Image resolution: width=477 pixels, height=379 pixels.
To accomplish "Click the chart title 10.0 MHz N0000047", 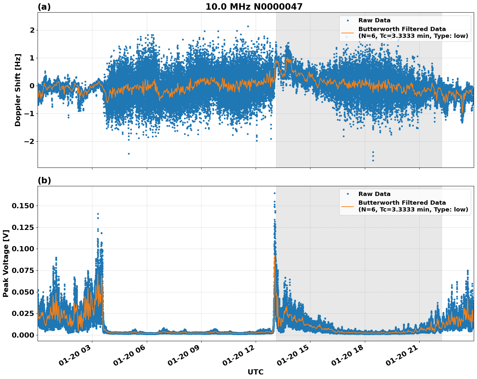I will pos(254,7).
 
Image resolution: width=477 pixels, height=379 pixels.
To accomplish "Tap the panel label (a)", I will pos(44,7).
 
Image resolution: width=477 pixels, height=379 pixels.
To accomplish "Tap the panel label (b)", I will pos(44,180).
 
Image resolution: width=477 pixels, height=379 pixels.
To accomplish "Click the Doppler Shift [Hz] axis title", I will pos(18,90).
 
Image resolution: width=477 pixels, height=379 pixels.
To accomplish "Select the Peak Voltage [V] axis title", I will pos(6,264).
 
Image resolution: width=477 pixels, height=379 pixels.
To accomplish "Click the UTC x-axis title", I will pos(255,372).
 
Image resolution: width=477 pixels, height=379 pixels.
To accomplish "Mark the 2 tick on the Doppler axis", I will pos(32,30).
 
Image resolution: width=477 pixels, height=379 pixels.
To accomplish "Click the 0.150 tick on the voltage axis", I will pos(23,206).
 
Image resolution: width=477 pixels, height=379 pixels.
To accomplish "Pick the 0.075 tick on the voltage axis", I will pos(23,270).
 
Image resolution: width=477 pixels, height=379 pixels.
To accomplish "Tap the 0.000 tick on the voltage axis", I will pos(23,335).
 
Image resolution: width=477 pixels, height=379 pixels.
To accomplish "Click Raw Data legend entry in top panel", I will pos(374,20).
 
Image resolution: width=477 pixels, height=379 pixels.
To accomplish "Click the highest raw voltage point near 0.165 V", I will pos(274,193).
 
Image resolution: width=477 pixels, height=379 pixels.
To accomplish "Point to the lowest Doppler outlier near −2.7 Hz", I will pos(373,160).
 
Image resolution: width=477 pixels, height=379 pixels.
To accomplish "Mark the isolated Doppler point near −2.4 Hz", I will pos(129,154).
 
